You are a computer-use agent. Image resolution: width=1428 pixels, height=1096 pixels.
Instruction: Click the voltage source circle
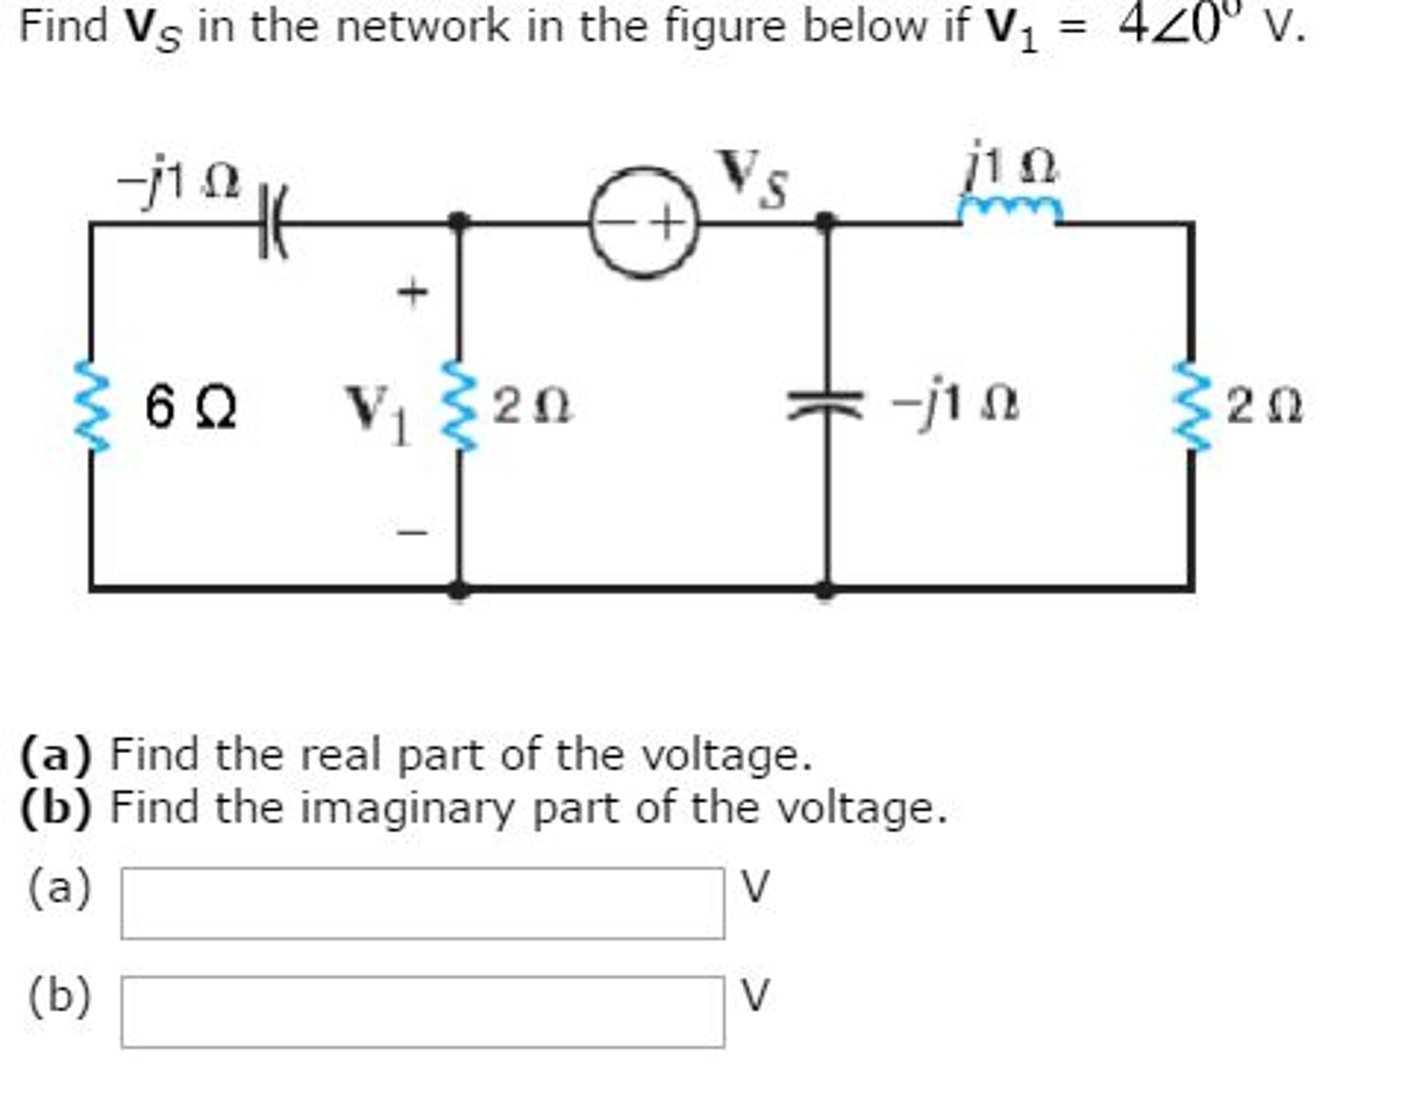[x=643, y=223]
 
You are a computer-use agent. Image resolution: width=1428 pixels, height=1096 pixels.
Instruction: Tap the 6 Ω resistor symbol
[x=92, y=406]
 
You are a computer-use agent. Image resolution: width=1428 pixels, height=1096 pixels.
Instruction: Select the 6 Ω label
[x=191, y=407]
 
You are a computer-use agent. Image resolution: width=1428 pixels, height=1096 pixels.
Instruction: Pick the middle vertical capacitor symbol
[x=825, y=406]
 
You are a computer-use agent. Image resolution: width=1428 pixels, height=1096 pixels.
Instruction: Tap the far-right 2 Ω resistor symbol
[x=1192, y=406]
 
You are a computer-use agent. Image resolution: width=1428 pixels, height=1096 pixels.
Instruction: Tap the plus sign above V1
[x=412, y=292]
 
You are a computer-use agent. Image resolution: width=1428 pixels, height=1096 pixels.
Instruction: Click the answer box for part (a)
[x=422, y=903]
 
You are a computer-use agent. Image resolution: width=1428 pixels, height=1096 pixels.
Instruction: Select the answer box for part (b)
[x=422, y=1011]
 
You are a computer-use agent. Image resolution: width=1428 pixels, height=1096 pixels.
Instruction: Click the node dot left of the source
[x=458, y=223]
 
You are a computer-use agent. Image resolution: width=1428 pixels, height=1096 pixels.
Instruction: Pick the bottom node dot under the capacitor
[x=825, y=589]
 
